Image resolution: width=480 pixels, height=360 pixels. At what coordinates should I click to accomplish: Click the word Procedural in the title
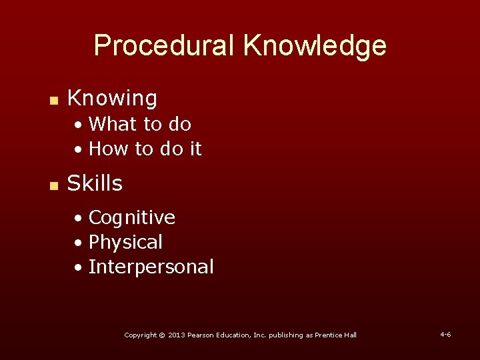164,46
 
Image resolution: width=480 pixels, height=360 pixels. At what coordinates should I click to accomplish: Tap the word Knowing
112,99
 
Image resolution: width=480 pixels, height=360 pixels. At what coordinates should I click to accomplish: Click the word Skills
95,183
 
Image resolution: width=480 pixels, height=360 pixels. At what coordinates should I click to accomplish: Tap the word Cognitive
131,218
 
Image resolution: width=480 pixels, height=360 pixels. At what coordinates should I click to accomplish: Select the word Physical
125,242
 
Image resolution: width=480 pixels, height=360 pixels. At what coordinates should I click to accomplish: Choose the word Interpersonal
151,267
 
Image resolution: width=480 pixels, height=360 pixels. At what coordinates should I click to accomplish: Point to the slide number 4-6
445,334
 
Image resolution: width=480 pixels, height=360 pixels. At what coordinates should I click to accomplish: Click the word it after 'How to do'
195,149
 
